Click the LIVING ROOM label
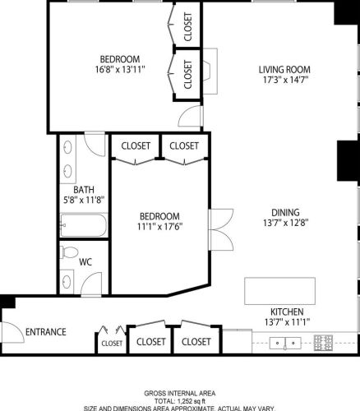(x=284, y=69)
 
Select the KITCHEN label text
(x=288, y=312)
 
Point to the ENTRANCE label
(x=45, y=332)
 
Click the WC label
(x=85, y=263)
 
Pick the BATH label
(x=84, y=188)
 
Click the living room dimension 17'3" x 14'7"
(x=284, y=81)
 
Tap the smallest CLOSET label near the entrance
(x=113, y=344)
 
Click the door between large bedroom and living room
(x=189, y=116)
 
